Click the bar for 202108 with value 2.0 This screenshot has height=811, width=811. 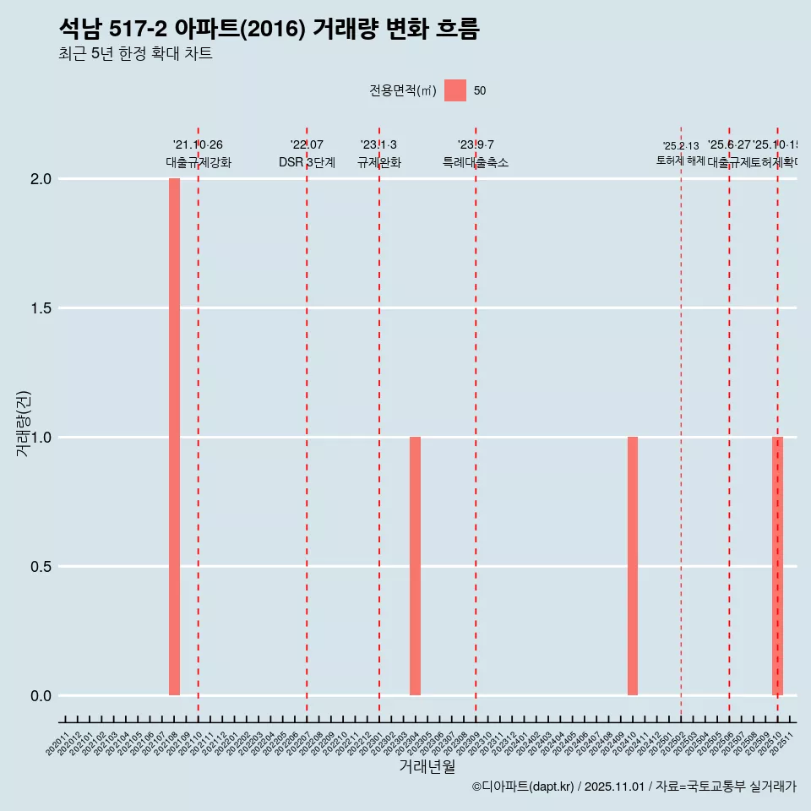click(174, 437)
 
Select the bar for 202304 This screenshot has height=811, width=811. click(415, 566)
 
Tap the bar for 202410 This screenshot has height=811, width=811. click(633, 566)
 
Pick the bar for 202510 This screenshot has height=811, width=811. click(777, 566)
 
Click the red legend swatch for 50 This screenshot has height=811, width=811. click(455, 90)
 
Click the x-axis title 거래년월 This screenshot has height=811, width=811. click(427, 767)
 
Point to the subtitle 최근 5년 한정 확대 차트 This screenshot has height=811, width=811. click(135, 54)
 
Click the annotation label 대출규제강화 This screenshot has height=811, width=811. click(198, 162)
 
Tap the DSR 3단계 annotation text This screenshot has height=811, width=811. click(307, 162)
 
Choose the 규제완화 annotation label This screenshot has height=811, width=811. click(378, 162)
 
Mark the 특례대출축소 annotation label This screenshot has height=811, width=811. click(476, 162)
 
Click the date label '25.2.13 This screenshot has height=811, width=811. click(681, 146)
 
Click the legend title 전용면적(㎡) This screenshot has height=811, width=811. click(403, 91)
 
